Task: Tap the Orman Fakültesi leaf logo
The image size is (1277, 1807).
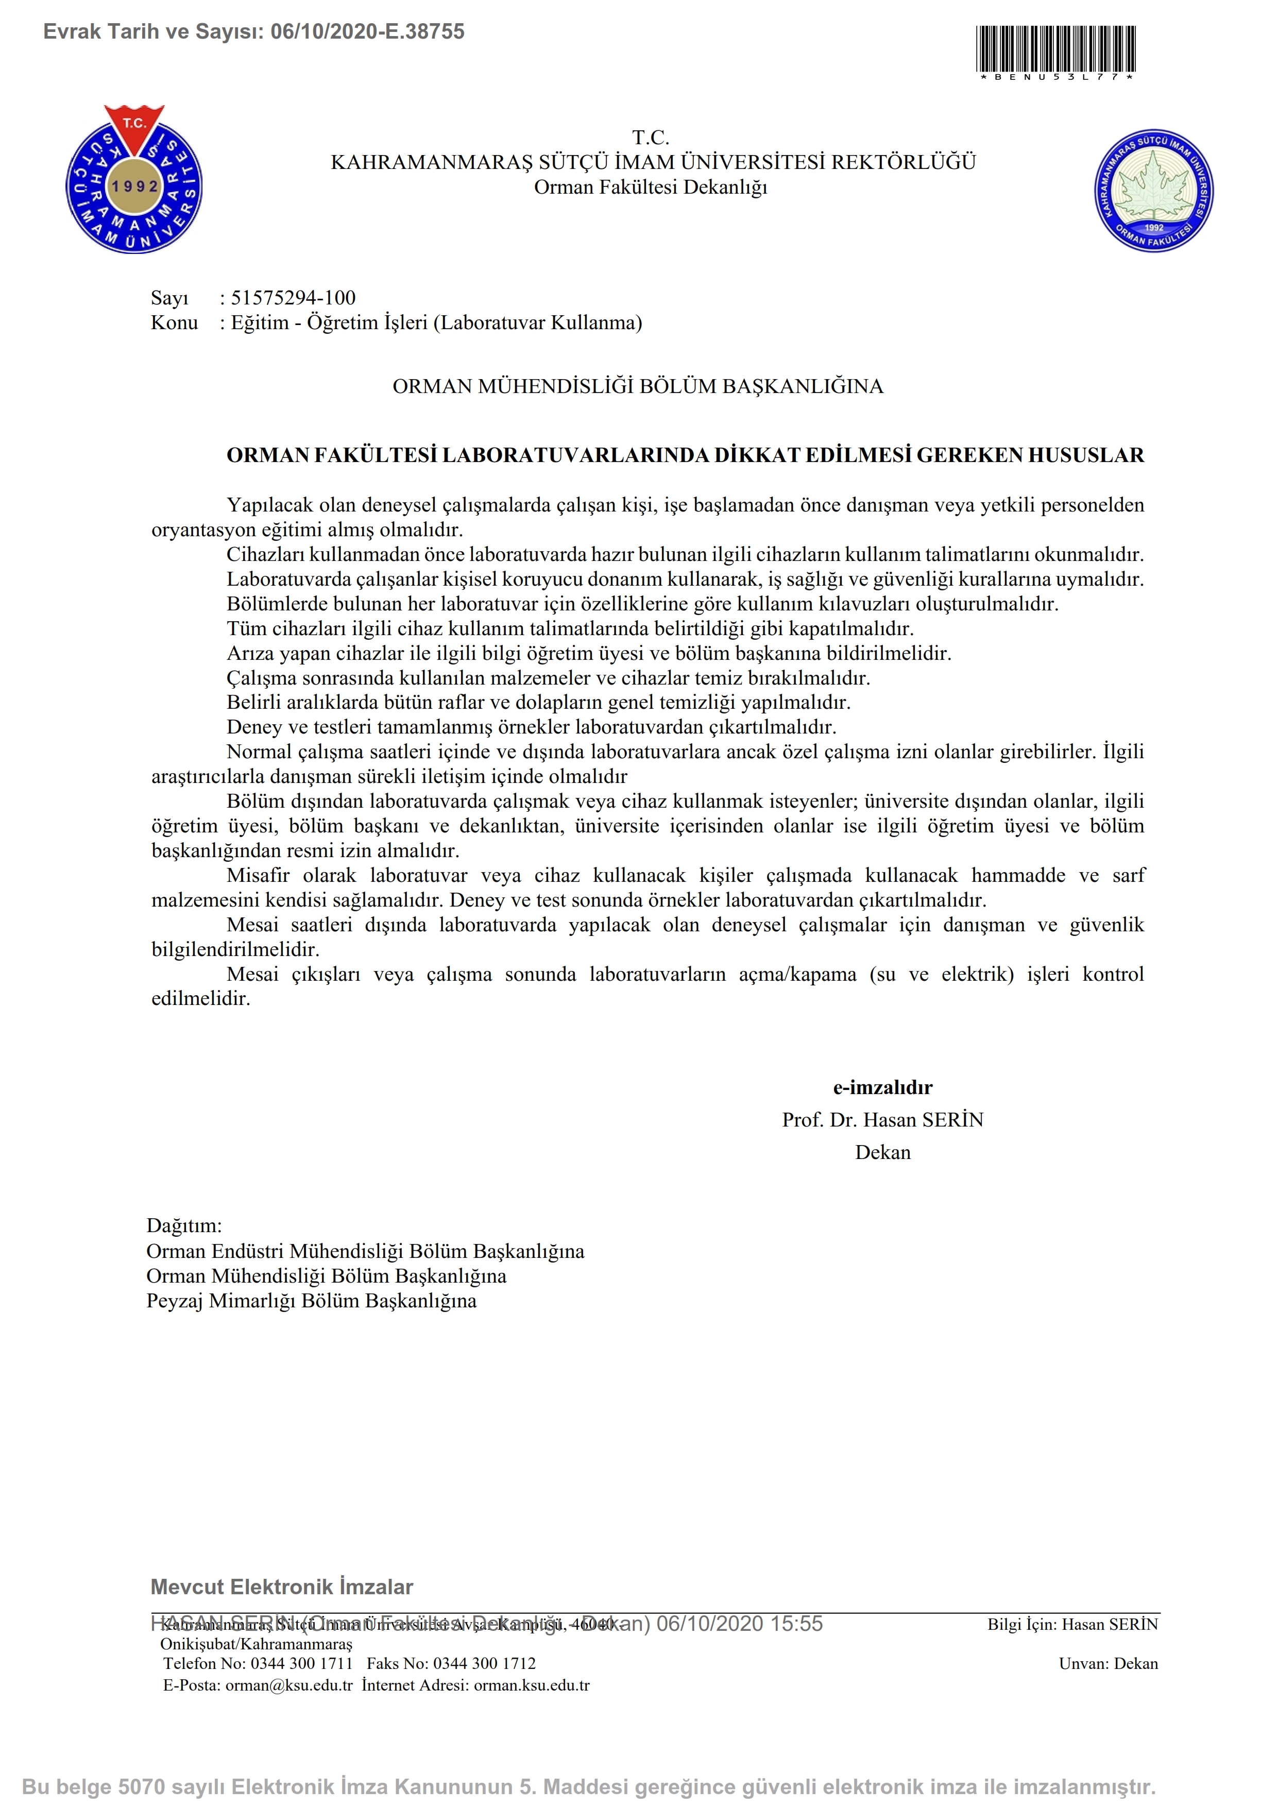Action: [x=1153, y=191]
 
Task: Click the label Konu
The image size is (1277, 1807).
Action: [x=174, y=322]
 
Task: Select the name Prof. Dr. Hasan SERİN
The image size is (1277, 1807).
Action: [x=882, y=1120]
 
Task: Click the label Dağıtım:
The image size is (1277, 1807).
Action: [x=184, y=1225]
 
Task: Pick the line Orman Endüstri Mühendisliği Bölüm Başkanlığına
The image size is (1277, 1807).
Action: [x=365, y=1251]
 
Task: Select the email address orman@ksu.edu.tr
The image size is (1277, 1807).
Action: [x=289, y=1685]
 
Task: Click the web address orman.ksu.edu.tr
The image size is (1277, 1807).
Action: [x=531, y=1685]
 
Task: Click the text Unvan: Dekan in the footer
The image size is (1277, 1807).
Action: [x=1108, y=1663]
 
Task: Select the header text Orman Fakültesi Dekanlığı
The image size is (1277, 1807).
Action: [x=650, y=187]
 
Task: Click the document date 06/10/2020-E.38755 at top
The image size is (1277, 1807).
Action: [x=367, y=31]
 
